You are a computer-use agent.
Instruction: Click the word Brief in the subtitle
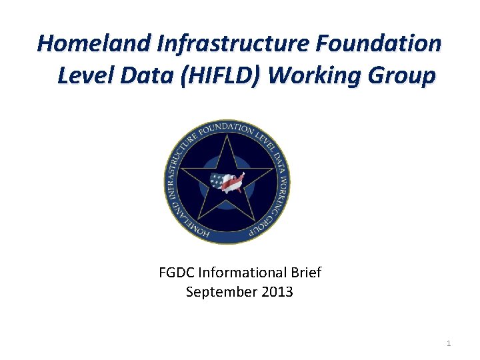(305, 273)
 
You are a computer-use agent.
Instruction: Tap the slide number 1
(449, 343)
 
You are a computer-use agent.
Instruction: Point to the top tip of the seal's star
(227, 135)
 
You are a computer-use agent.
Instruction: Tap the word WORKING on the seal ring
(282, 183)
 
